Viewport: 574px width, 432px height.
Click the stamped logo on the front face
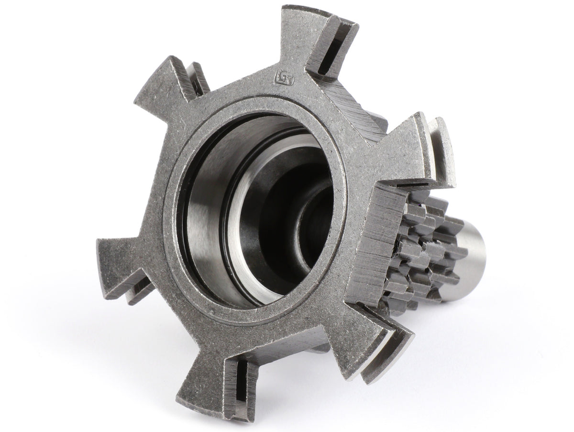(280, 76)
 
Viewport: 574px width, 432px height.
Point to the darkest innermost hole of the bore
(316, 225)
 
